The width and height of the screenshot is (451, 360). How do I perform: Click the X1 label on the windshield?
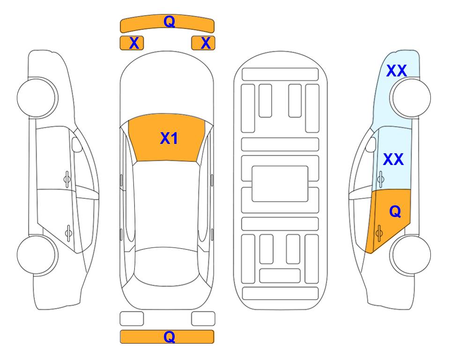click(169, 138)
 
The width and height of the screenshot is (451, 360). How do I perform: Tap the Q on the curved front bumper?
click(169, 21)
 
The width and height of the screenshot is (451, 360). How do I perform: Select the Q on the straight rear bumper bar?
click(169, 337)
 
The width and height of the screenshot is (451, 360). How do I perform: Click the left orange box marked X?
click(132, 43)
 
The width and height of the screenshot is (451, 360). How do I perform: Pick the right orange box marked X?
click(203, 43)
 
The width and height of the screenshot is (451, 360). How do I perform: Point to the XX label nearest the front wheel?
click(396, 71)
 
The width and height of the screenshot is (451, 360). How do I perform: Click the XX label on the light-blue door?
click(393, 159)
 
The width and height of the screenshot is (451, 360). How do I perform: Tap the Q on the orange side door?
click(395, 212)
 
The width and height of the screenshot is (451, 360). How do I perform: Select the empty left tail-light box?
click(132, 319)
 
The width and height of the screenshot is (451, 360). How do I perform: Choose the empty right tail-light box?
click(203, 319)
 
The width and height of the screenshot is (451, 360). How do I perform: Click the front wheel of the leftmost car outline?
click(37, 98)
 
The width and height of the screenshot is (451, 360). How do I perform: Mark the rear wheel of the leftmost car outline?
click(37, 255)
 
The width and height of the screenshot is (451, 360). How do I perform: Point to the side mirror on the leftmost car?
click(77, 144)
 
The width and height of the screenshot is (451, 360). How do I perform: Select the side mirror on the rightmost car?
click(371, 144)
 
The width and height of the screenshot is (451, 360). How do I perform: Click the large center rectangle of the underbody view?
click(280, 184)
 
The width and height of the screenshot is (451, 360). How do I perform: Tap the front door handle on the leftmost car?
click(67, 179)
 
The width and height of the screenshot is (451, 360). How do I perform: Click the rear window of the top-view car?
click(167, 266)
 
